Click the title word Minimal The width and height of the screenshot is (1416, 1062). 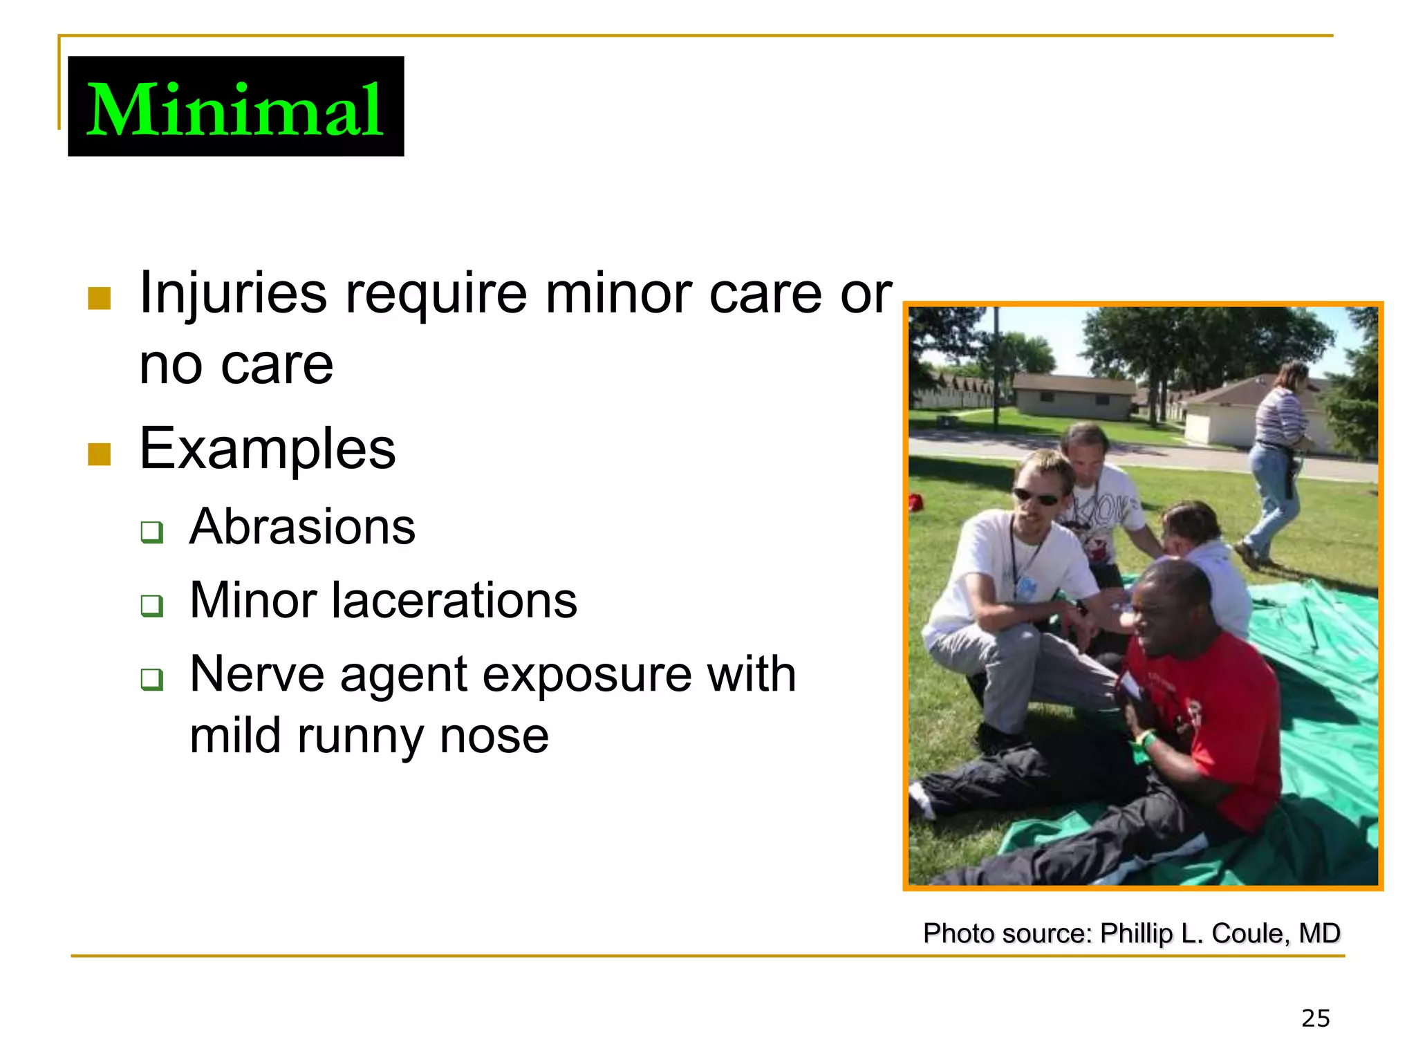(x=235, y=109)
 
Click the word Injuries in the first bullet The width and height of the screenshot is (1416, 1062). (x=232, y=293)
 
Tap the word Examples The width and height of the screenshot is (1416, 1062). (x=267, y=449)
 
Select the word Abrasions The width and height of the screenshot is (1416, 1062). (x=302, y=527)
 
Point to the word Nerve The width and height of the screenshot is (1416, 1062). (x=257, y=673)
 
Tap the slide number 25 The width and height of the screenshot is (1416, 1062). (x=1315, y=1018)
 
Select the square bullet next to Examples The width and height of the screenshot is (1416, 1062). (x=100, y=454)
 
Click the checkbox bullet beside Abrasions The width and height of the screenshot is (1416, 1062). (x=151, y=532)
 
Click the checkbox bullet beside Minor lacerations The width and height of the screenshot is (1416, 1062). (x=151, y=606)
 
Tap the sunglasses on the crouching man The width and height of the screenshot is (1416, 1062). (x=1036, y=496)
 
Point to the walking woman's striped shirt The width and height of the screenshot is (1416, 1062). (x=1281, y=415)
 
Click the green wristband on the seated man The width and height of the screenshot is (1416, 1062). (x=1146, y=741)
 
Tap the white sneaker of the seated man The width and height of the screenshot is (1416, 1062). (x=921, y=800)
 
